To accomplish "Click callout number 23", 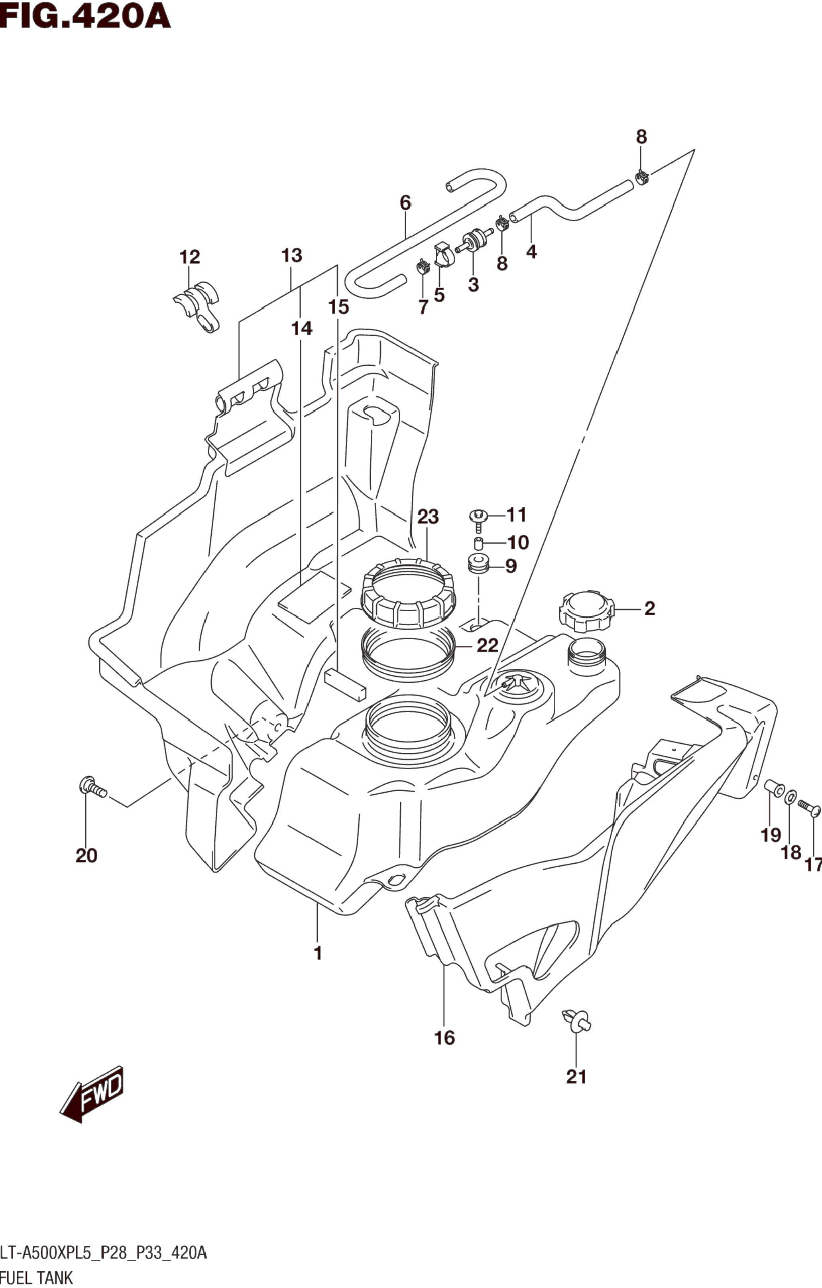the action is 428,517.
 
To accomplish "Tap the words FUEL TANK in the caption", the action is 36,1278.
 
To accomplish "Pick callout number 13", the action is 292,256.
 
